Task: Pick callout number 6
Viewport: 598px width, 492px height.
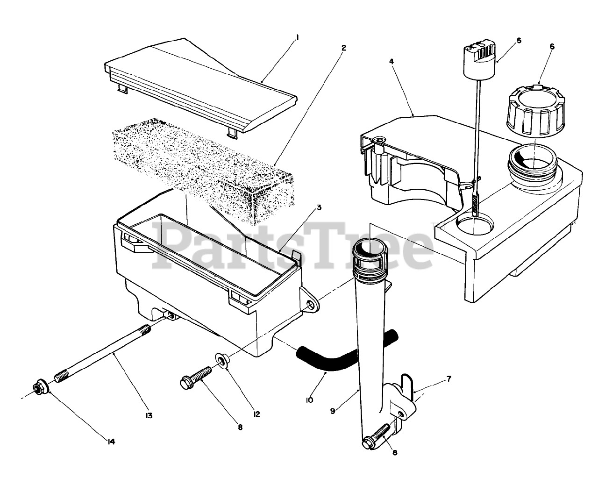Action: pyautogui.click(x=552, y=47)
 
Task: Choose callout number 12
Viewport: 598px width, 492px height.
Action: pyautogui.click(x=256, y=414)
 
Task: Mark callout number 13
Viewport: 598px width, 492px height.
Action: pyautogui.click(x=149, y=415)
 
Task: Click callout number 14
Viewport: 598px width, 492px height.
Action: pyautogui.click(x=111, y=441)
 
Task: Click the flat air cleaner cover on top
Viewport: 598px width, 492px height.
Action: pyautogui.click(x=201, y=86)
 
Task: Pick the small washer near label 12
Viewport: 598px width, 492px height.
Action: pyautogui.click(x=221, y=361)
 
